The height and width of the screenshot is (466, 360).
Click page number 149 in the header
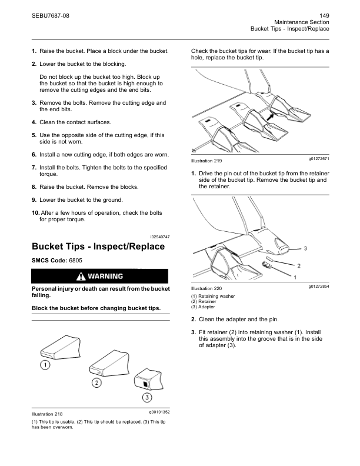point(324,15)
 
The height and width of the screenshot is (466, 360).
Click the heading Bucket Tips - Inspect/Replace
point(98,247)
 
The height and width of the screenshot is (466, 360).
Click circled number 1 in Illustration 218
point(44,365)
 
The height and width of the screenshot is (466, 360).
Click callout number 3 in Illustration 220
point(305,249)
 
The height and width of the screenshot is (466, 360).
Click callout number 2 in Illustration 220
point(298,266)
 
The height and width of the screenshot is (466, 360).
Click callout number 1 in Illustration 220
point(295,277)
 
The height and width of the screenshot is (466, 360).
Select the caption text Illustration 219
point(206,161)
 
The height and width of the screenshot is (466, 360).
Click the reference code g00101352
point(156,412)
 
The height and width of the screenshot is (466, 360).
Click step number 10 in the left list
point(35,212)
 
